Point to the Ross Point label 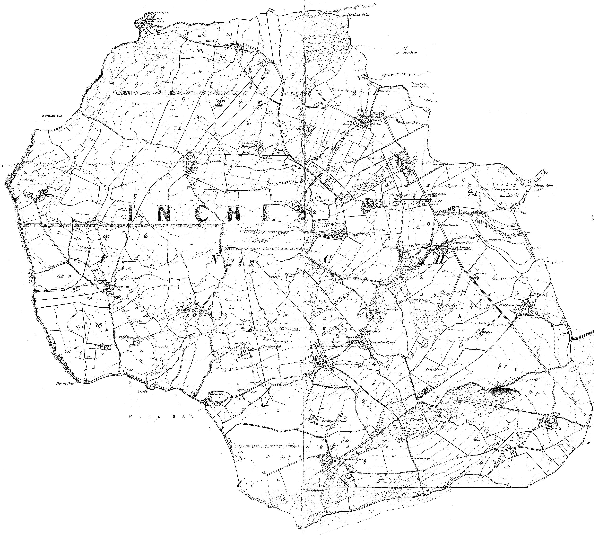pyautogui.click(x=554, y=262)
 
